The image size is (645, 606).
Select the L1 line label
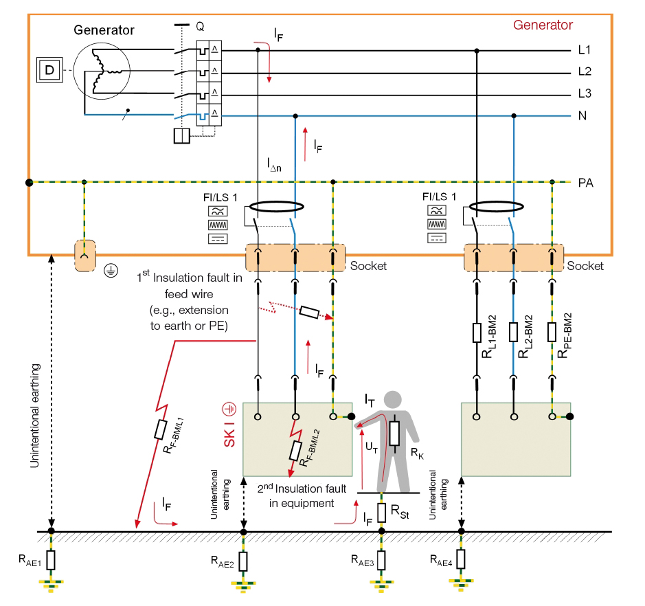pyautogui.click(x=585, y=50)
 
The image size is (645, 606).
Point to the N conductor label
pyautogui.click(x=582, y=115)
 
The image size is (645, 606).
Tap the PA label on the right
pyautogui.click(x=586, y=183)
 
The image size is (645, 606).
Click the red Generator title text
pyautogui.click(x=543, y=25)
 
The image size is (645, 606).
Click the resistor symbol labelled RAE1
pyautogui.click(x=51, y=559)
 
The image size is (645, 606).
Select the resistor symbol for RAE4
pyautogui.click(x=462, y=559)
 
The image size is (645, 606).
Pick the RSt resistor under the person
pyautogui.click(x=382, y=512)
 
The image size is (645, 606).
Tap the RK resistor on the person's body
pyautogui.click(x=394, y=434)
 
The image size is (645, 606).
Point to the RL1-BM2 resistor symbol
pyautogui.click(x=476, y=333)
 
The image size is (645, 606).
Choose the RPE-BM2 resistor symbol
pyautogui.click(x=552, y=333)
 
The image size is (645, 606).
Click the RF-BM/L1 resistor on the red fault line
pyautogui.click(x=160, y=429)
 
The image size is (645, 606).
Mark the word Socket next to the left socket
pyautogui.click(x=369, y=266)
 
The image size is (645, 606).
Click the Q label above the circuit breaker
pyautogui.click(x=200, y=26)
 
